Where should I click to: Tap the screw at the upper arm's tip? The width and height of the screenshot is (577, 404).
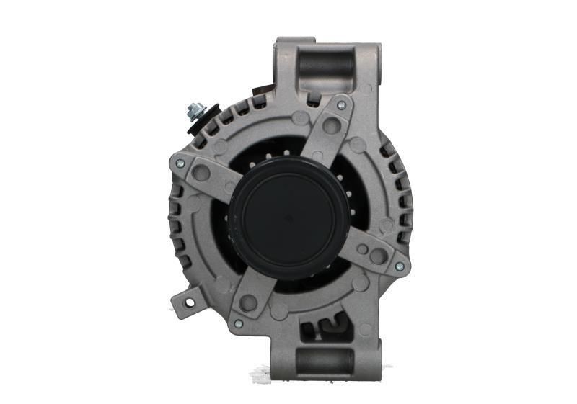[x=341, y=105]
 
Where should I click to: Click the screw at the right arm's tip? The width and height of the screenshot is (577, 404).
[x=399, y=266]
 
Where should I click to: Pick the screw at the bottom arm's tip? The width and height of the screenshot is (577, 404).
[x=239, y=324]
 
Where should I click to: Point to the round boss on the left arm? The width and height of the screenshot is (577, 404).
[x=202, y=174]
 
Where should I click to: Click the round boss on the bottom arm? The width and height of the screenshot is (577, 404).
[x=249, y=302]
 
